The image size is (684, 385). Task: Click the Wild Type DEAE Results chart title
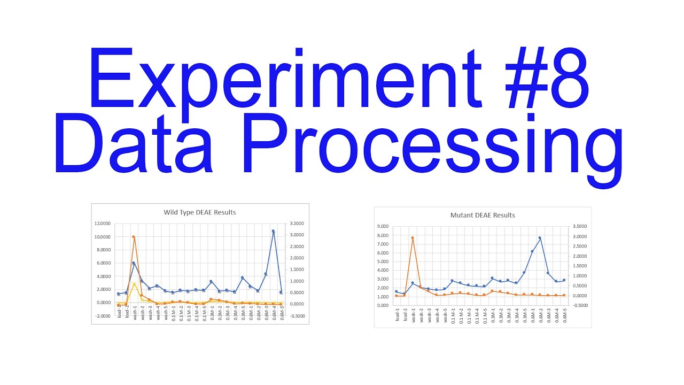pyautogui.click(x=199, y=212)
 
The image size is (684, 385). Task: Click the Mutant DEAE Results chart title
pyautogui.click(x=483, y=215)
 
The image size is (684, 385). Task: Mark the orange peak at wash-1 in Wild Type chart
pyautogui.click(x=134, y=237)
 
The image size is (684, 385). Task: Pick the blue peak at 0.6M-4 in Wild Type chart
pyautogui.click(x=273, y=232)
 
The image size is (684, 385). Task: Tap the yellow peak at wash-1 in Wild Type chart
pyautogui.click(x=134, y=283)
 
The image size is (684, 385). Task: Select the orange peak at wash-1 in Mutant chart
pyautogui.click(x=413, y=238)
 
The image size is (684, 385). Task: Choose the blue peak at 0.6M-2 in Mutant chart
pyautogui.click(x=540, y=238)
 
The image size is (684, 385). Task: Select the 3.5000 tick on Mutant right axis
pyautogui.click(x=579, y=227)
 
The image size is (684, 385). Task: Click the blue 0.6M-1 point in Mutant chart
pyautogui.click(x=532, y=251)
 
